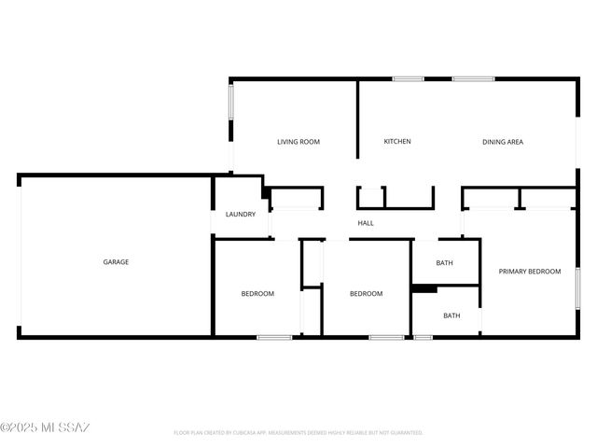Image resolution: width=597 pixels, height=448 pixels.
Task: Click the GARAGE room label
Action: (x=116, y=262)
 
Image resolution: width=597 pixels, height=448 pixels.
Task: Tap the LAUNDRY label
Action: (x=241, y=215)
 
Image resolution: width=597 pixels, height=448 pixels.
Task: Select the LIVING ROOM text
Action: (x=298, y=142)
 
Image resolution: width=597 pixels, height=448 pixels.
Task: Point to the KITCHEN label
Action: (x=397, y=142)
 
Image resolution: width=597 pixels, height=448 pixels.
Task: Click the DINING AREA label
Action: (x=502, y=142)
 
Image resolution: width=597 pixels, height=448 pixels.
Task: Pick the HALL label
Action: (x=366, y=223)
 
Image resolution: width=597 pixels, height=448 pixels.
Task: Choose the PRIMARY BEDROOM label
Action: (x=530, y=272)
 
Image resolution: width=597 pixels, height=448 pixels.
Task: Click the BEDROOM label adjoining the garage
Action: (x=257, y=294)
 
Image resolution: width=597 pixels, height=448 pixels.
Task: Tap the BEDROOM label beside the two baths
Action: (x=366, y=294)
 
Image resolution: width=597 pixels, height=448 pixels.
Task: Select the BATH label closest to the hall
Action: (x=444, y=263)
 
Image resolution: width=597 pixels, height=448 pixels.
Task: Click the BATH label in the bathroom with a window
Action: (x=451, y=315)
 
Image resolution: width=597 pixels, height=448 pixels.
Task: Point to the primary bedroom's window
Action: (x=578, y=287)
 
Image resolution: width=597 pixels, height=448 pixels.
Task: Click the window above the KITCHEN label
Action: (x=409, y=78)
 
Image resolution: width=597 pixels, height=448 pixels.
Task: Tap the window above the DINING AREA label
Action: (x=473, y=78)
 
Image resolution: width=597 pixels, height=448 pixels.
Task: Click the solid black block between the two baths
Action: (x=424, y=288)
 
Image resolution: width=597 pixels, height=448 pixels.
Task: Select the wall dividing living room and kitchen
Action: (x=358, y=119)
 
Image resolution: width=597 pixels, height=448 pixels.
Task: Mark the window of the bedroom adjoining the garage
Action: (x=274, y=336)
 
